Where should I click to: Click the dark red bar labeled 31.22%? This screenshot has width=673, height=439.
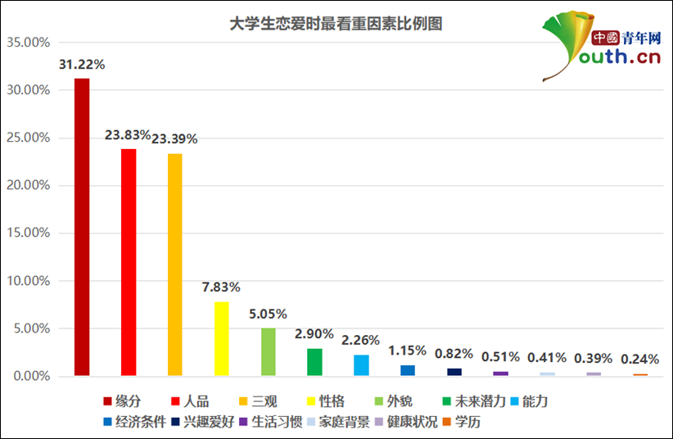point(82,227)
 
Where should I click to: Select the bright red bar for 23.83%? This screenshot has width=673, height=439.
point(129,262)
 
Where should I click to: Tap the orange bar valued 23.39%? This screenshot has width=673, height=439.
point(175,265)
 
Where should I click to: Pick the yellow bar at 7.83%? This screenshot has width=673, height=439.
point(221,338)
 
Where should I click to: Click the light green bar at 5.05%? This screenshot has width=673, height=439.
point(268,351)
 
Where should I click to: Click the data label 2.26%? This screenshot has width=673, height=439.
point(361,341)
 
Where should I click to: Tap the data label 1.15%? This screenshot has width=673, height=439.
point(408,351)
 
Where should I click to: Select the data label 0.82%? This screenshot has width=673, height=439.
point(454,353)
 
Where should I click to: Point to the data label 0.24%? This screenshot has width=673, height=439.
point(640,358)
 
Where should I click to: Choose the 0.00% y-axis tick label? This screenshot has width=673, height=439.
point(30,376)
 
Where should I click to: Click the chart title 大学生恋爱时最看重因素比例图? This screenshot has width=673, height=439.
point(336,24)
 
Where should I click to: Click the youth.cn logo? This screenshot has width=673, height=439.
point(602,47)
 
